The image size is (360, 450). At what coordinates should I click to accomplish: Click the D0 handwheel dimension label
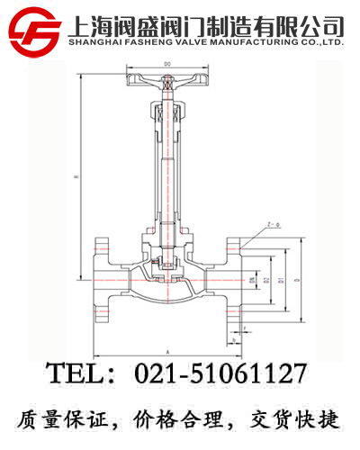[168, 63]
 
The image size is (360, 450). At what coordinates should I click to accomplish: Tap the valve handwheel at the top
[168, 84]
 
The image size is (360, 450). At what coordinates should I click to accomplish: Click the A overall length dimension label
[168, 349]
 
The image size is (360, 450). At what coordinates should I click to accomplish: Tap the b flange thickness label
[232, 341]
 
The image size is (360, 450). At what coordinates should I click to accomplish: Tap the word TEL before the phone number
[76, 373]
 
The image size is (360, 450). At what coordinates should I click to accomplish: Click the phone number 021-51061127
[220, 373]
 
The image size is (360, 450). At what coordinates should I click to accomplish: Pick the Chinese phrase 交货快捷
[296, 418]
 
